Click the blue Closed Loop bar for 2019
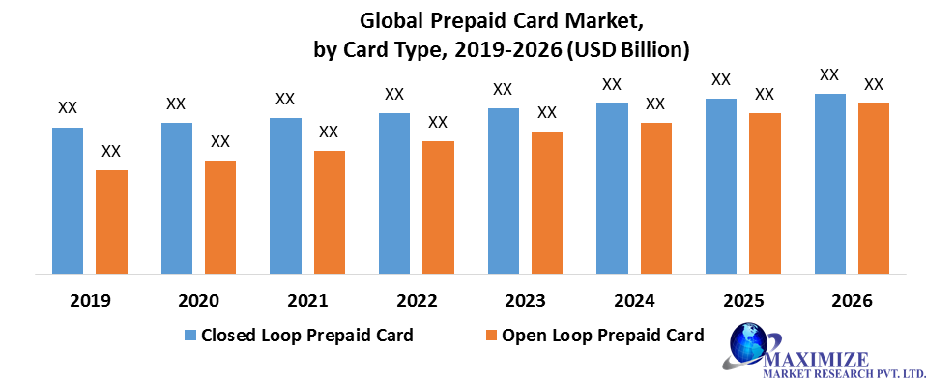pyautogui.click(x=68, y=200)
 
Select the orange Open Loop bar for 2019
pyautogui.click(x=111, y=221)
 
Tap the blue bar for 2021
pyautogui.click(x=285, y=195)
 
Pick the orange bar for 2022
pyautogui.click(x=438, y=207)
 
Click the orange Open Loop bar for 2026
pyautogui.click(x=873, y=189)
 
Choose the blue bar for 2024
pyautogui.click(x=612, y=189)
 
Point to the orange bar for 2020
pyautogui.click(x=220, y=217)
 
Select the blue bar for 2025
pyautogui.click(x=721, y=186)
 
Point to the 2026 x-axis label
pyautogui.click(x=852, y=301)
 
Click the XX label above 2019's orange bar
pyautogui.click(x=111, y=152)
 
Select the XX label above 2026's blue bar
pyautogui.click(x=829, y=74)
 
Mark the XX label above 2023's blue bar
pyautogui.click(x=503, y=89)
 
